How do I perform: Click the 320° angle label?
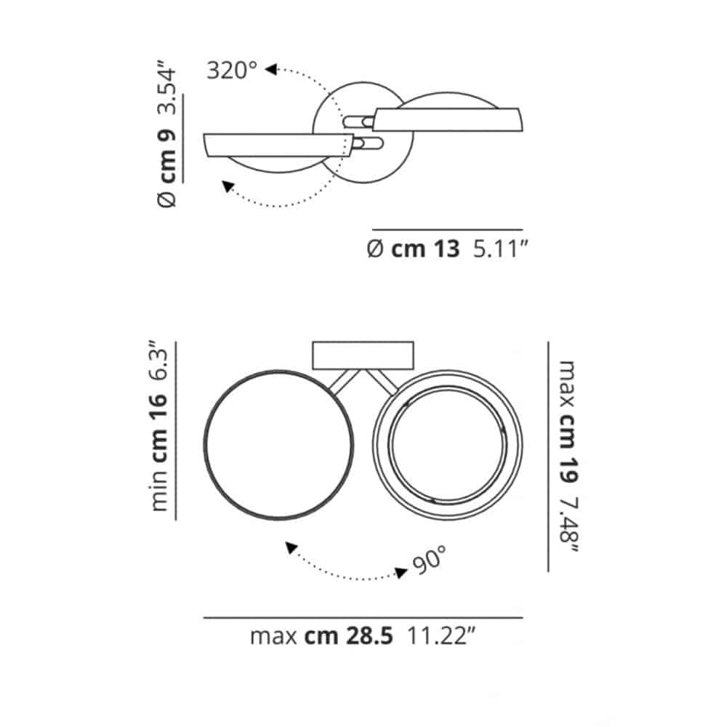[232, 71]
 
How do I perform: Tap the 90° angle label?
[430, 560]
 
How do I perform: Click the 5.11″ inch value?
[500, 249]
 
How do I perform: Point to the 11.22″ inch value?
[441, 636]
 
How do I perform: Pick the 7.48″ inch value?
[569, 524]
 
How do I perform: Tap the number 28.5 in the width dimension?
[369, 636]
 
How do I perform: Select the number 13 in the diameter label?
[446, 249]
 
